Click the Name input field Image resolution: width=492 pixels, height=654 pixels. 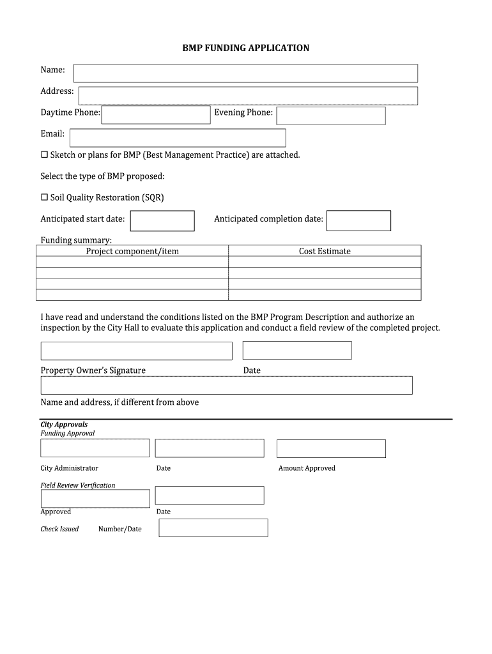(x=245, y=73)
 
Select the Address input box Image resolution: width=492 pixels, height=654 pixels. (x=248, y=96)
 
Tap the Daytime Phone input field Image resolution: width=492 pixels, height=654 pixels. (x=156, y=115)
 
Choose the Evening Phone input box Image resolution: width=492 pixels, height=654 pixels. (x=330, y=116)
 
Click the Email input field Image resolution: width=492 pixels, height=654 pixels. (x=178, y=138)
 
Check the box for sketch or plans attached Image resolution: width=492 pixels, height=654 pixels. (x=45, y=155)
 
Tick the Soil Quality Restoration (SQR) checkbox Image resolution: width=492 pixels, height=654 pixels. (x=45, y=198)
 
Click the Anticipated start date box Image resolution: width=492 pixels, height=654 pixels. (x=162, y=221)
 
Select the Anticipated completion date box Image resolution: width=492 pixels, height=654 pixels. (x=358, y=221)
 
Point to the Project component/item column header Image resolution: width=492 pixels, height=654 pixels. (x=132, y=252)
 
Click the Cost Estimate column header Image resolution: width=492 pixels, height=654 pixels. (x=325, y=252)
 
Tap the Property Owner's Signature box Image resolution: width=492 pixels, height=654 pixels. (x=136, y=351)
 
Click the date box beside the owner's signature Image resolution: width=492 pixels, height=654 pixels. (x=297, y=350)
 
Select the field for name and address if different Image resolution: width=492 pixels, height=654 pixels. (x=226, y=385)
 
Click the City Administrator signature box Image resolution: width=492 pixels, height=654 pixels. (x=95, y=448)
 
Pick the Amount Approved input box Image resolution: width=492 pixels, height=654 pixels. (x=331, y=448)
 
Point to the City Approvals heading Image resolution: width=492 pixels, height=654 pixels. (x=64, y=425)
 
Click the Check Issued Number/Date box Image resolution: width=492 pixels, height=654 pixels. (x=213, y=528)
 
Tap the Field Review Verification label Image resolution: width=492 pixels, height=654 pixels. (x=78, y=485)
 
